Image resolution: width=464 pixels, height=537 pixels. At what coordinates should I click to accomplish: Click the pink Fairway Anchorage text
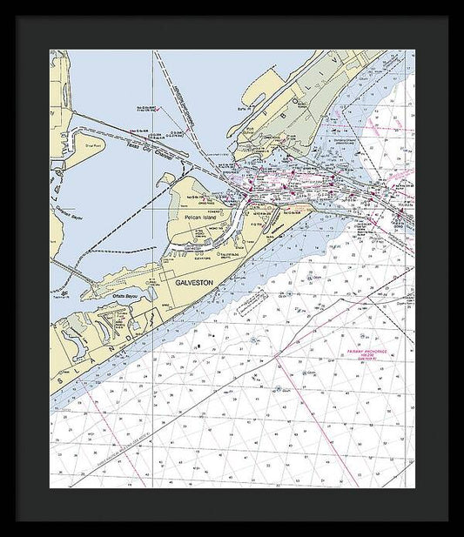(365, 354)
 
